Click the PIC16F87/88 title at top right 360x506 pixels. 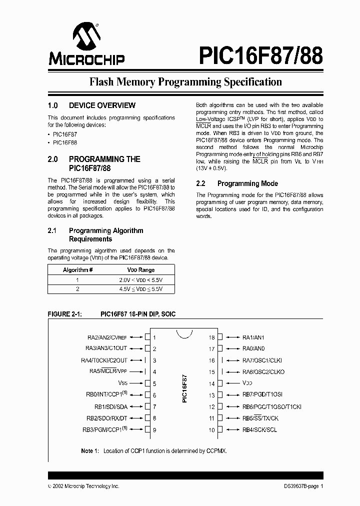point(260,55)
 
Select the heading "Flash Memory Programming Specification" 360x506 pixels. point(185,81)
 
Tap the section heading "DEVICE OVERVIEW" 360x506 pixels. point(102,105)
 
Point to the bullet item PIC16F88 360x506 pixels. point(64,142)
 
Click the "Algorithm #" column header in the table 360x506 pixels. point(78,269)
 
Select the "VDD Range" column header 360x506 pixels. point(140,269)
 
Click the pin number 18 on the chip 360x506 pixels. point(212,337)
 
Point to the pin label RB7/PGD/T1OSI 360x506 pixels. point(263,395)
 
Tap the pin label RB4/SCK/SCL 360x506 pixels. point(259,430)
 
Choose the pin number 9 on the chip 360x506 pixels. point(155,430)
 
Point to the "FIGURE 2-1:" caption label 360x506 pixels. point(64,314)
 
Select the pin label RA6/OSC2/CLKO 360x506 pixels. point(263,372)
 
